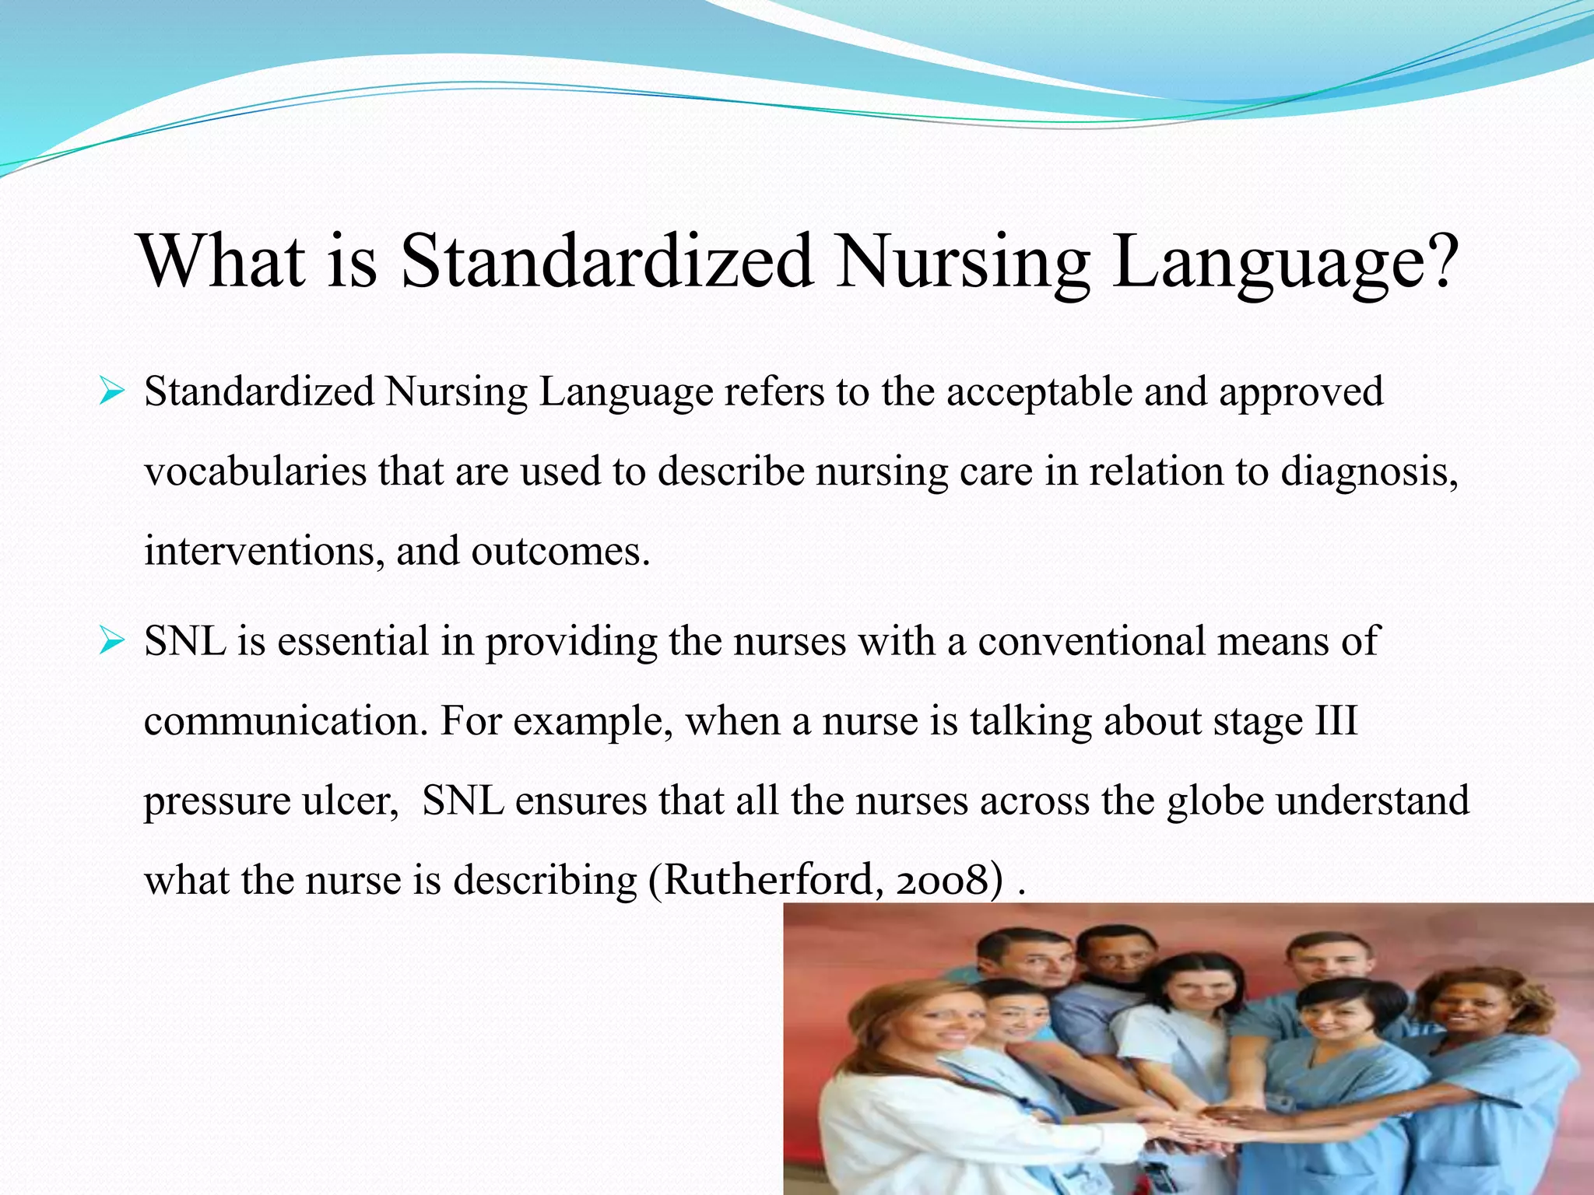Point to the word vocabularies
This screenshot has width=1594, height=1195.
click(x=255, y=472)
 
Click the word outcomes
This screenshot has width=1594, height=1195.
click(x=560, y=552)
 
